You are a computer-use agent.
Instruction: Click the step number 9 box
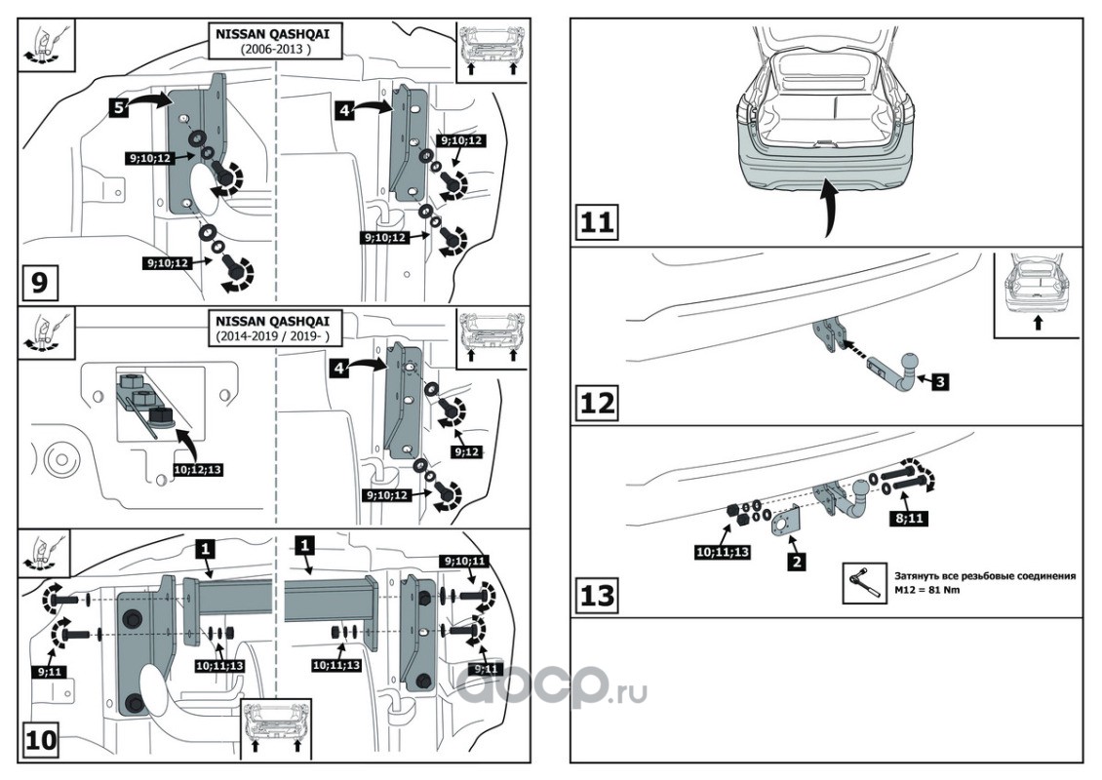pyautogui.click(x=39, y=283)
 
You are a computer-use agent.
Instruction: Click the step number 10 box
pyautogui.click(x=40, y=742)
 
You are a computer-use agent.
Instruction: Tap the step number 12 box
pyautogui.click(x=596, y=402)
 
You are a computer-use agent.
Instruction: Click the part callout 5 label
pyautogui.click(x=117, y=108)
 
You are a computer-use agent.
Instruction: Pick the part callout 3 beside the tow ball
pyautogui.click(x=937, y=382)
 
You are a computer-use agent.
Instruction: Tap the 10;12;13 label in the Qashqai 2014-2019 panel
pyautogui.click(x=201, y=468)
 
